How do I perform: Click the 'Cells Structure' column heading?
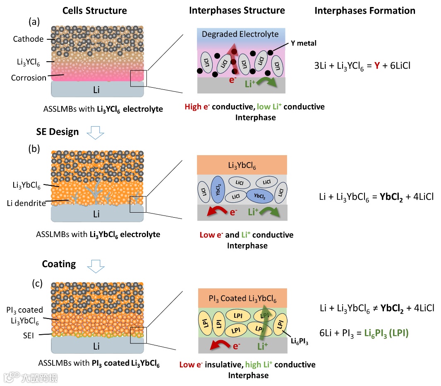point(94,10)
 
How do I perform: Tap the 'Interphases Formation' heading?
point(364,10)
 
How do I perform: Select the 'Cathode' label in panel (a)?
point(28,39)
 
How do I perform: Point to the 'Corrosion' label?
point(29,78)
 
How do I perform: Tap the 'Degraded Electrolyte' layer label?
point(240,34)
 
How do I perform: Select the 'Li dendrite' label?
point(26,203)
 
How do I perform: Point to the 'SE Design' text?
point(57,132)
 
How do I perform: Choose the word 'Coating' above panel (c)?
point(59,264)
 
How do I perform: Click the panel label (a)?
point(34,21)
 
